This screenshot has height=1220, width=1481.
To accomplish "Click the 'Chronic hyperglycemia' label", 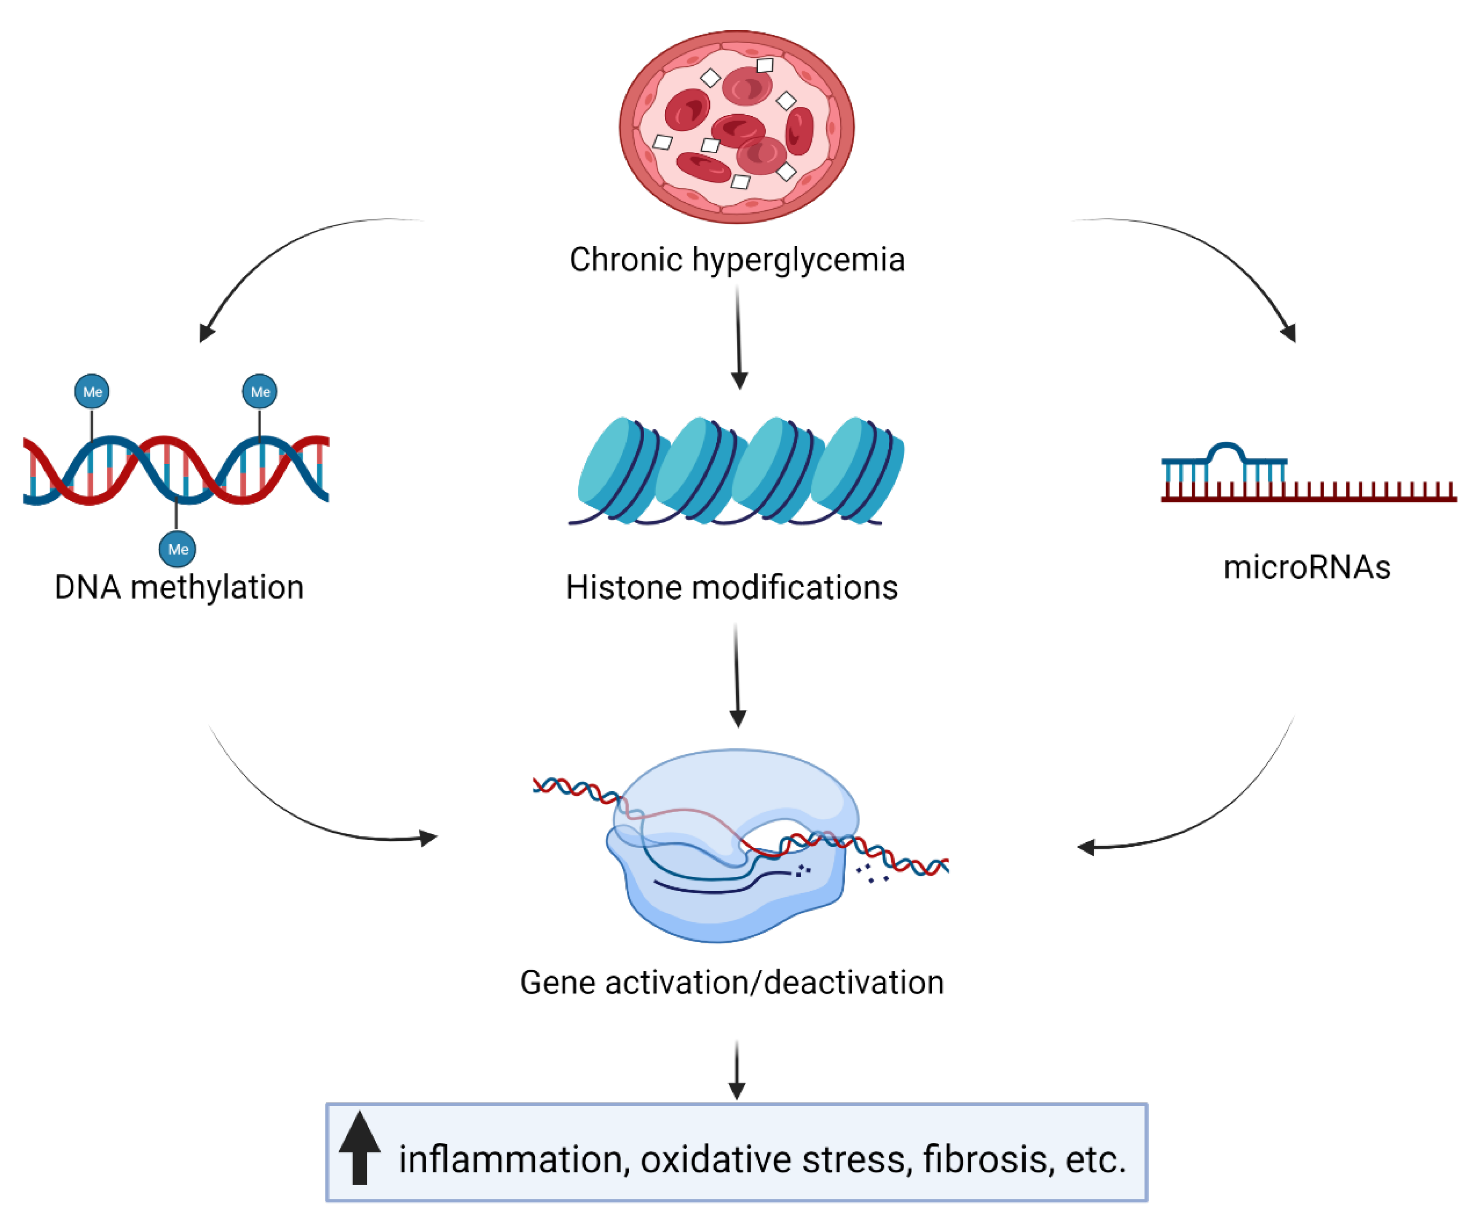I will [x=736, y=260].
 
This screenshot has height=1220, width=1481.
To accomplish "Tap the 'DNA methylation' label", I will [x=179, y=587].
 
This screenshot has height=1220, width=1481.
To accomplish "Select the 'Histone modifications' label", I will [x=732, y=587].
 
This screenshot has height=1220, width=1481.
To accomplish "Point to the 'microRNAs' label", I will [x=1307, y=567].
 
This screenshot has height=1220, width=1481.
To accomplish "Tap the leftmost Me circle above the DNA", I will [x=92, y=391].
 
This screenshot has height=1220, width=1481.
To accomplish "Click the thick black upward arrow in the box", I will [x=359, y=1148].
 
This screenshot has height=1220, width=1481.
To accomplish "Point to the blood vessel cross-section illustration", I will [x=736, y=126].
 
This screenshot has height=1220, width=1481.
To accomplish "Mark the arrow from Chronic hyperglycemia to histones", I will [x=738, y=337].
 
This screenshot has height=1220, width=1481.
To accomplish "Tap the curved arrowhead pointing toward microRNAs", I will [x=1289, y=332].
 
